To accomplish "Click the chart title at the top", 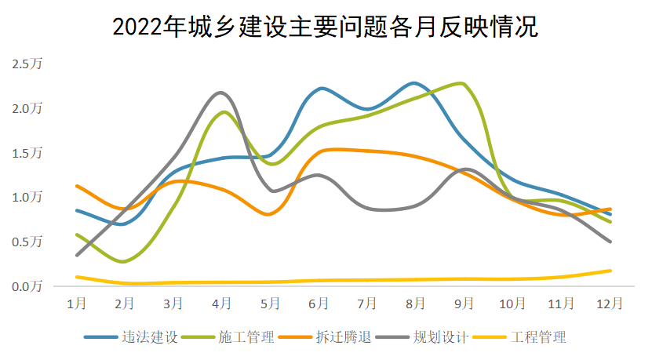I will pyautogui.click(x=326, y=27).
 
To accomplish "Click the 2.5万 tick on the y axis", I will pyautogui.click(x=27, y=64).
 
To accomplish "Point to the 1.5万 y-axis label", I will pyautogui.click(x=27, y=152).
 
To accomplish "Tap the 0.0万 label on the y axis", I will pyautogui.click(x=27, y=286).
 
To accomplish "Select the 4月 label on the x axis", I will pyautogui.click(x=222, y=303).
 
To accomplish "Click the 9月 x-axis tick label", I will pyautogui.click(x=464, y=303).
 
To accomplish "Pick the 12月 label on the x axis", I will pyautogui.click(x=610, y=303).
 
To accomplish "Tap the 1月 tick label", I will pyautogui.click(x=76, y=303).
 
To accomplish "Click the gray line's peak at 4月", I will pyautogui.click(x=220, y=93).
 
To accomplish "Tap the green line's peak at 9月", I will pyautogui.click(x=462, y=83).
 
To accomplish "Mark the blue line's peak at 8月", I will pyautogui.click(x=415, y=82).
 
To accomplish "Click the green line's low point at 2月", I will pyautogui.click(x=124, y=261).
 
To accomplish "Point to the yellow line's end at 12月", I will pyautogui.click(x=610, y=271).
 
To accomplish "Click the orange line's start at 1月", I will pyautogui.click(x=76, y=186).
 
